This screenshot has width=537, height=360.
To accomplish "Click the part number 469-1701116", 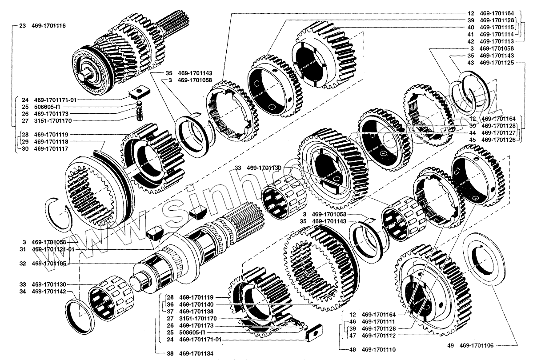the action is (48, 26).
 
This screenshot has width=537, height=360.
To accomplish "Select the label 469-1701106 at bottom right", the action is (476, 345).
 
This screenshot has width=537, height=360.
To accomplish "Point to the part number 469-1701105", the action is (48, 264).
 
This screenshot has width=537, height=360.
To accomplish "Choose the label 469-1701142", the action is (48, 292).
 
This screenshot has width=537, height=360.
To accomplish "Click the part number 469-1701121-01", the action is (53, 249).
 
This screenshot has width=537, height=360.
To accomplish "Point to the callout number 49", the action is (450, 345).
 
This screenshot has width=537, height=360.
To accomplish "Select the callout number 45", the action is (472, 140).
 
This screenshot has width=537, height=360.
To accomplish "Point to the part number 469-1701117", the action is (48, 148).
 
